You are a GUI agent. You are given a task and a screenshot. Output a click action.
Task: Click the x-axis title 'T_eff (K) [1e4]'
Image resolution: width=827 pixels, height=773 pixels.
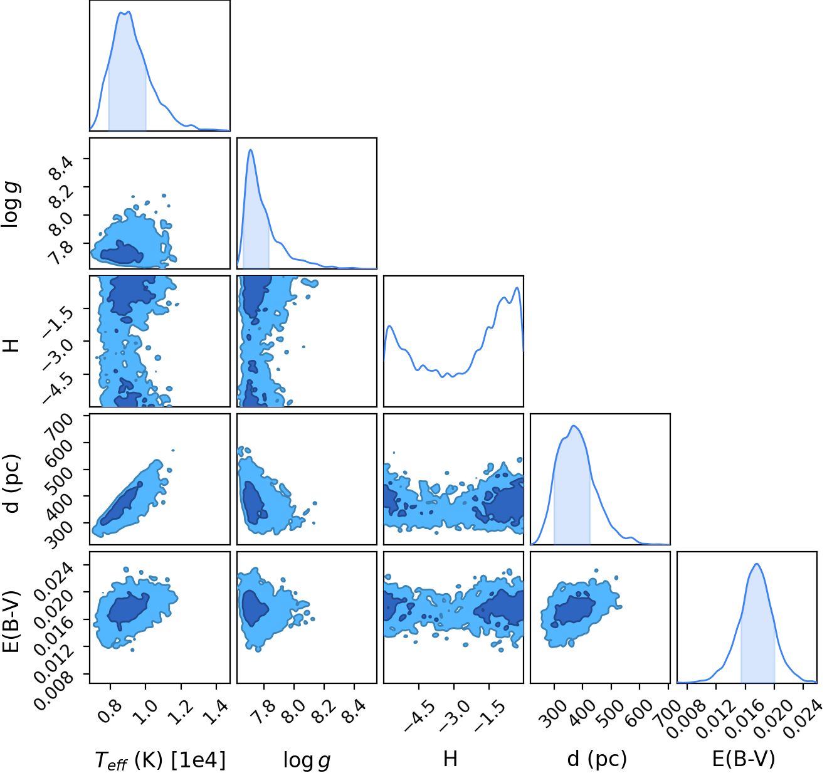point(161,759)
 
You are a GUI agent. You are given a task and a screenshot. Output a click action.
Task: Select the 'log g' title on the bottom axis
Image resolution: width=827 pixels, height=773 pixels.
point(307,760)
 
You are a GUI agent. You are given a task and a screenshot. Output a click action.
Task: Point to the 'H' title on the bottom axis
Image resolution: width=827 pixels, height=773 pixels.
point(450,759)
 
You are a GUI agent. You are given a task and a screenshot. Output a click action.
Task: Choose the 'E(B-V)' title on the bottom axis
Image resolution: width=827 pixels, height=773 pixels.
point(744,759)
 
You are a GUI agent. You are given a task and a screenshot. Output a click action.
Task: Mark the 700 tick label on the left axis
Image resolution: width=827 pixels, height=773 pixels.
point(60,425)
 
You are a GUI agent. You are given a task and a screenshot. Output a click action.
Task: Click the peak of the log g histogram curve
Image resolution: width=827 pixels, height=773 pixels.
point(250,149)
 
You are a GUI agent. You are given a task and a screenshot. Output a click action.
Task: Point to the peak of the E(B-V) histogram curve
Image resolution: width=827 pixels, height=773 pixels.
point(757,564)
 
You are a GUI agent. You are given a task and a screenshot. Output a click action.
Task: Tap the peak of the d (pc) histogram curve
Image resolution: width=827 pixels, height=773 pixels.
point(574,426)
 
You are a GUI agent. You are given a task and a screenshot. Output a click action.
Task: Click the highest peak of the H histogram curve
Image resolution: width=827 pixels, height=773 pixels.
point(517,288)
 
